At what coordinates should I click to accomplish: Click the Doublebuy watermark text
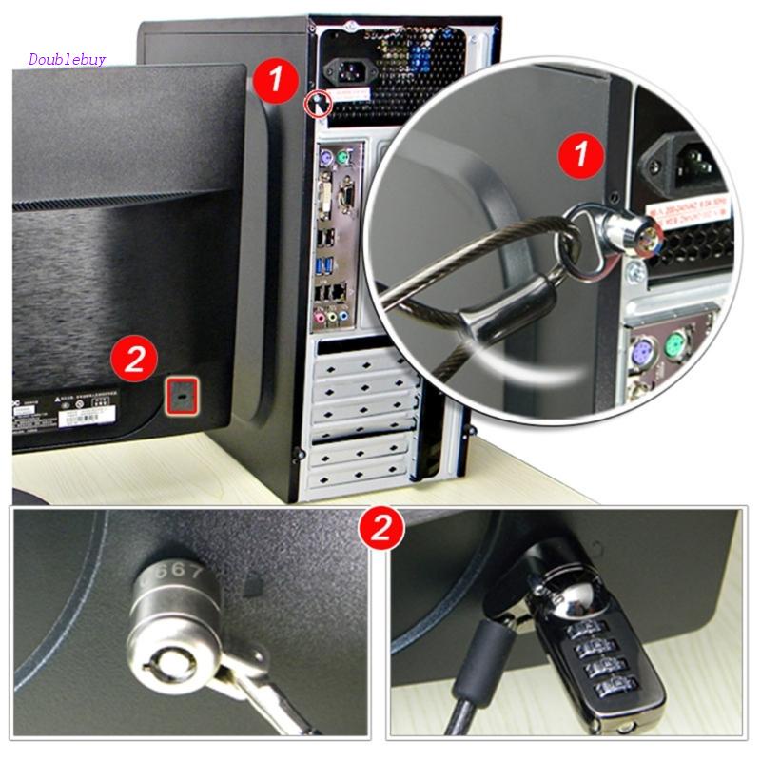tap(67, 59)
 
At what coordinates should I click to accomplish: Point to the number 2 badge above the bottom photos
tap(380, 528)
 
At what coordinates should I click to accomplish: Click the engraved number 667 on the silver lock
tap(175, 574)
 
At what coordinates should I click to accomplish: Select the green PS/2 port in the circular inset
tap(678, 343)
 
